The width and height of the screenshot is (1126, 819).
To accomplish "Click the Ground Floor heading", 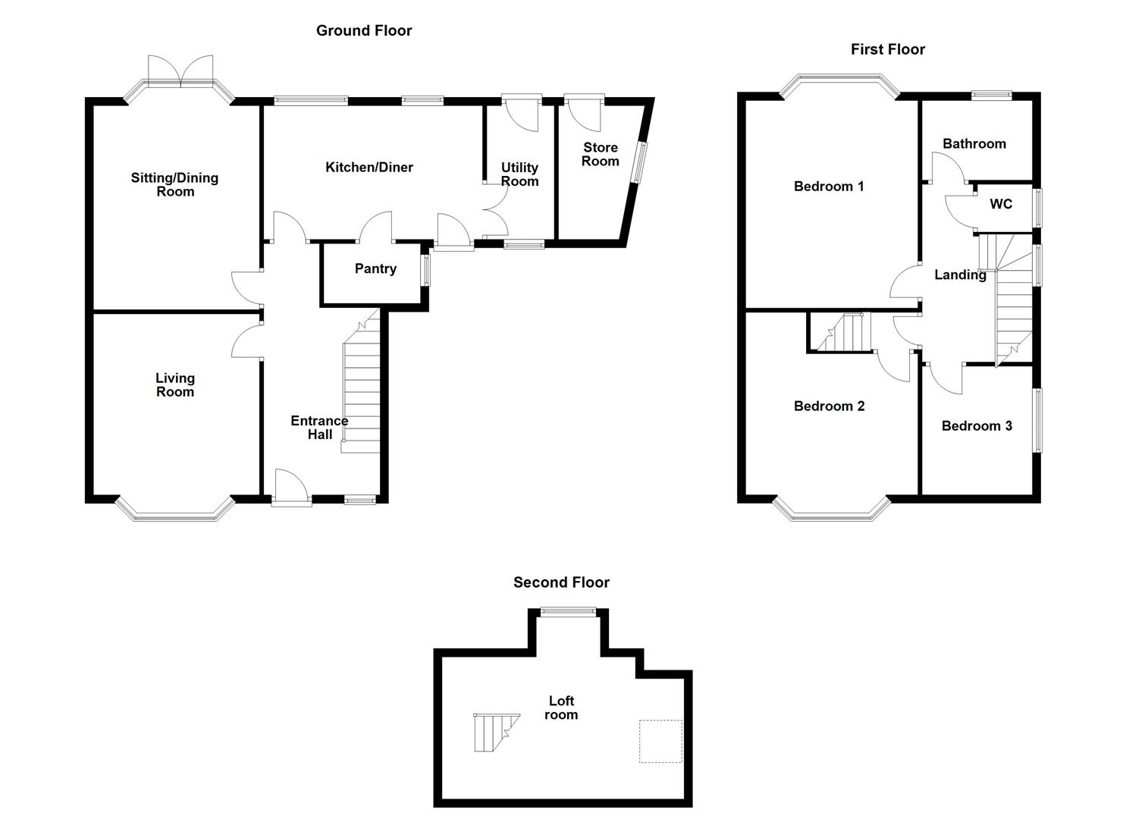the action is coord(364,30).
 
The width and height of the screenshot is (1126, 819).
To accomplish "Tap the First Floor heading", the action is coord(888,49).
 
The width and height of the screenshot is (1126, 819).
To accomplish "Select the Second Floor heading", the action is coord(561,582).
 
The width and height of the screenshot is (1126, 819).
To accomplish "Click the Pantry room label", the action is coord(375,268).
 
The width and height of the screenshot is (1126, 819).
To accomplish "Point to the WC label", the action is coord(1001,204).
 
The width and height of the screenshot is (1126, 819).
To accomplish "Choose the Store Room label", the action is coord(601,155).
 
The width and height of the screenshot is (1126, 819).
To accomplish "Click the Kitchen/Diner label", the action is coord(369,167).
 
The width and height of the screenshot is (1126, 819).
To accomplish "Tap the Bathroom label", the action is coord(974,144).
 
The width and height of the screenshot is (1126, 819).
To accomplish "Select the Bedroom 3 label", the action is coord(977,426).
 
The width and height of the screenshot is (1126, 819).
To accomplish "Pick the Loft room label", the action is coord(561,708).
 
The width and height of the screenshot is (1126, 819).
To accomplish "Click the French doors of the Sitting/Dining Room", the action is coord(180,69).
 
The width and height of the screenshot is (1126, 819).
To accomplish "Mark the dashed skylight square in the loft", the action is coord(660,741).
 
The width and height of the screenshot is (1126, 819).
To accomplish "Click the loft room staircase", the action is coord(496,733).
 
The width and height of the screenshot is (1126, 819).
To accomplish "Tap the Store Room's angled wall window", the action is coord(639,162).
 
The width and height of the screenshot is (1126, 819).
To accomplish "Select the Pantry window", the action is coord(426,271).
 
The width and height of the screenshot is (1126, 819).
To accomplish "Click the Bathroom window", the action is coord(991,95).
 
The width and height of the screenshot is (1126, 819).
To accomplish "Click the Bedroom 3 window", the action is coord(1037,420).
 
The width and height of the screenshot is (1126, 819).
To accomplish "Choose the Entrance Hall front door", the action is coord(292,487).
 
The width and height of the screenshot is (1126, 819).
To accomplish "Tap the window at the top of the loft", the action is coord(568,611).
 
